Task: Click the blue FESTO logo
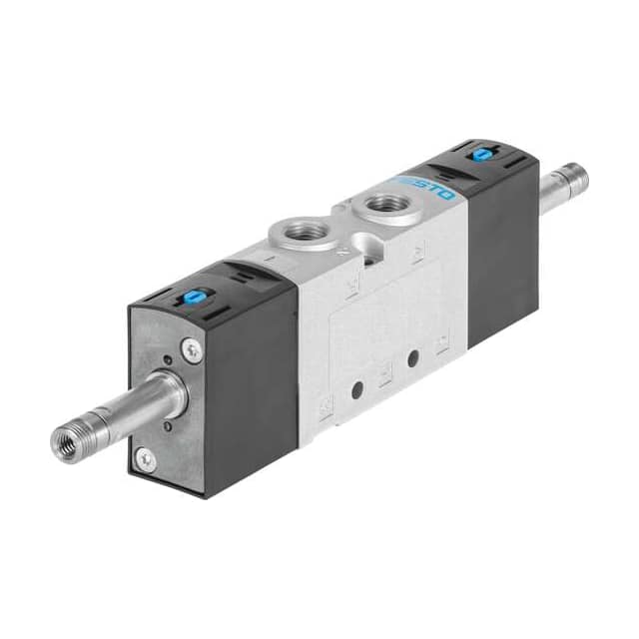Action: click(x=424, y=187)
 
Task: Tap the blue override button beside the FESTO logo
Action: click(x=482, y=154)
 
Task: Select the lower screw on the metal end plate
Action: click(x=147, y=458)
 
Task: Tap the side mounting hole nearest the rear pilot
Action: click(x=410, y=357)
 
